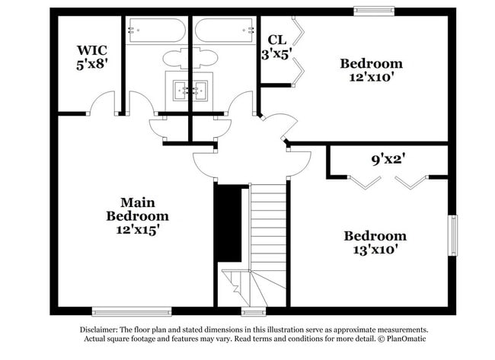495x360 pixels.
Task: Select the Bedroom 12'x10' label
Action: [x=371, y=69]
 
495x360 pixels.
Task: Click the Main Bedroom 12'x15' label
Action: [x=137, y=215]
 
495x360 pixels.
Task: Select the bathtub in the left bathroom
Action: [x=156, y=31]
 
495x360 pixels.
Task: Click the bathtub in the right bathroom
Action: [x=224, y=31]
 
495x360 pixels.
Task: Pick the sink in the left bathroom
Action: [x=181, y=91]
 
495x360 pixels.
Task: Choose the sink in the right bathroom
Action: [x=200, y=91]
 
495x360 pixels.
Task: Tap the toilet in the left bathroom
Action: [x=174, y=59]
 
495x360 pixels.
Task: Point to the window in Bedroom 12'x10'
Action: [x=375, y=11]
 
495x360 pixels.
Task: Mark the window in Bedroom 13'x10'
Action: [x=453, y=237]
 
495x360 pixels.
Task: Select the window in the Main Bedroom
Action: [x=120, y=311]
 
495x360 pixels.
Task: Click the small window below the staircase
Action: [x=251, y=311]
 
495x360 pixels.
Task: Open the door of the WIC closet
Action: [x=104, y=104]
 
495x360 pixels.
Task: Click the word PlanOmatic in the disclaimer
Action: [x=404, y=337]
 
